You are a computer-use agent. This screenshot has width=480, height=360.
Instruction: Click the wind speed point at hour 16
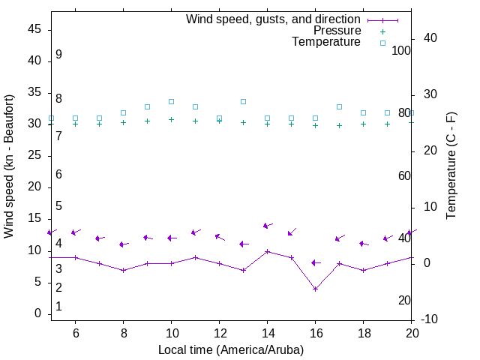[315, 289]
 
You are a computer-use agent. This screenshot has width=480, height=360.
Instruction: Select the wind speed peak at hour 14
[267, 251]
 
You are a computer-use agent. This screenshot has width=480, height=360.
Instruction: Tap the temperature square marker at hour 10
[171, 101]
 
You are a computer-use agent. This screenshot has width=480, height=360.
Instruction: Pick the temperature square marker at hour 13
[243, 101]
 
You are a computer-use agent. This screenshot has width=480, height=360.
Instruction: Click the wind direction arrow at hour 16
[316, 262]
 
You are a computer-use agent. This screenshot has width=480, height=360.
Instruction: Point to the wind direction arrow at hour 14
[268, 225]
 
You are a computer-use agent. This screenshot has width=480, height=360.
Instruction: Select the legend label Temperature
[326, 42]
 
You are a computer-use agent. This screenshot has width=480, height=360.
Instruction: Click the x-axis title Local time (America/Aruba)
[231, 349]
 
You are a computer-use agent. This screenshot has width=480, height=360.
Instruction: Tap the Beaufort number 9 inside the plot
[58, 55]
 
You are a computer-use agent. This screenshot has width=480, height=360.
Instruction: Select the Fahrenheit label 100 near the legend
[401, 50]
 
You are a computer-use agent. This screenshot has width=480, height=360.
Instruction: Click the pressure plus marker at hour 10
[171, 119]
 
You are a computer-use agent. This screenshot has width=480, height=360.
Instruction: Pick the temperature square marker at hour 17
[339, 107]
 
